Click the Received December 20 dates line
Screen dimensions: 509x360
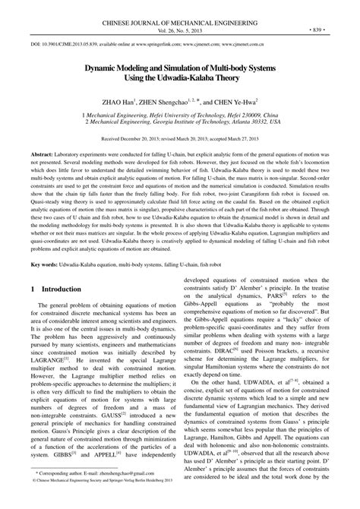pos(180,141)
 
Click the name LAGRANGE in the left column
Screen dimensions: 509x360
pos(47,367)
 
